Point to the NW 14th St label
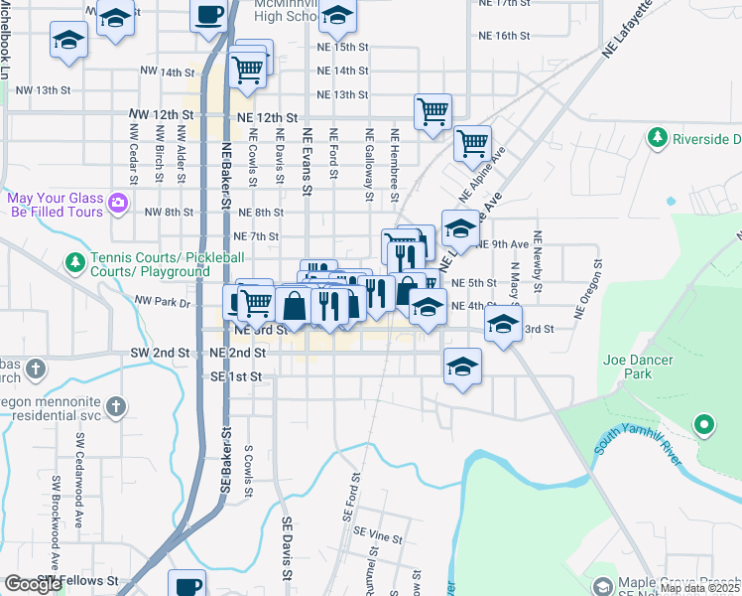click(x=164, y=72)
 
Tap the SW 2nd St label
click(x=160, y=353)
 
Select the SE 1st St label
click(x=236, y=377)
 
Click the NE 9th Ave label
click(x=503, y=244)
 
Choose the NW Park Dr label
click(x=162, y=301)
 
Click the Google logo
click(x=33, y=584)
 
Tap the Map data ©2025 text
click(x=699, y=588)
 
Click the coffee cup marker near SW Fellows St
click(x=186, y=582)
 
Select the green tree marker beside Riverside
click(x=656, y=138)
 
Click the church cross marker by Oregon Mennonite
click(x=116, y=406)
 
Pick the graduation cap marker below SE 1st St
click(x=462, y=368)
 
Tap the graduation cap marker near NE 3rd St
click(x=503, y=323)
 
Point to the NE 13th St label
click(x=342, y=95)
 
